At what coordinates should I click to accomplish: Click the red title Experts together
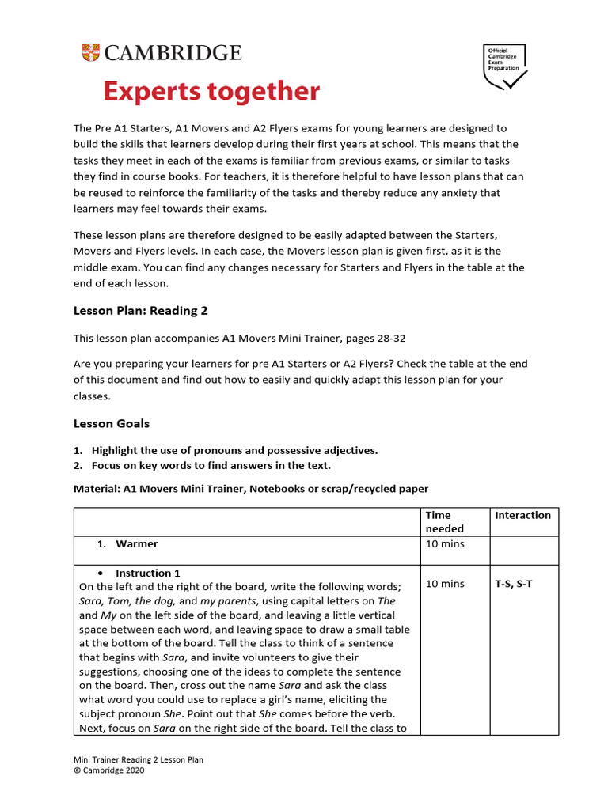click(211, 92)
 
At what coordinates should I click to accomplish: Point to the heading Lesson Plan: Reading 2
click(140, 311)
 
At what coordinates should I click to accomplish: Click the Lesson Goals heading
click(112, 423)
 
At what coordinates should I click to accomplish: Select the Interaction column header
click(522, 515)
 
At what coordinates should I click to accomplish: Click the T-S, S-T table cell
click(515, 584)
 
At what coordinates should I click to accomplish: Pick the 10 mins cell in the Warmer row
click(445, 544)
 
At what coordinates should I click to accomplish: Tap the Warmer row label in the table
click(136, 544)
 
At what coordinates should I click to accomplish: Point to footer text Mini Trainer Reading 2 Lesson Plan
click(139, 760)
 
